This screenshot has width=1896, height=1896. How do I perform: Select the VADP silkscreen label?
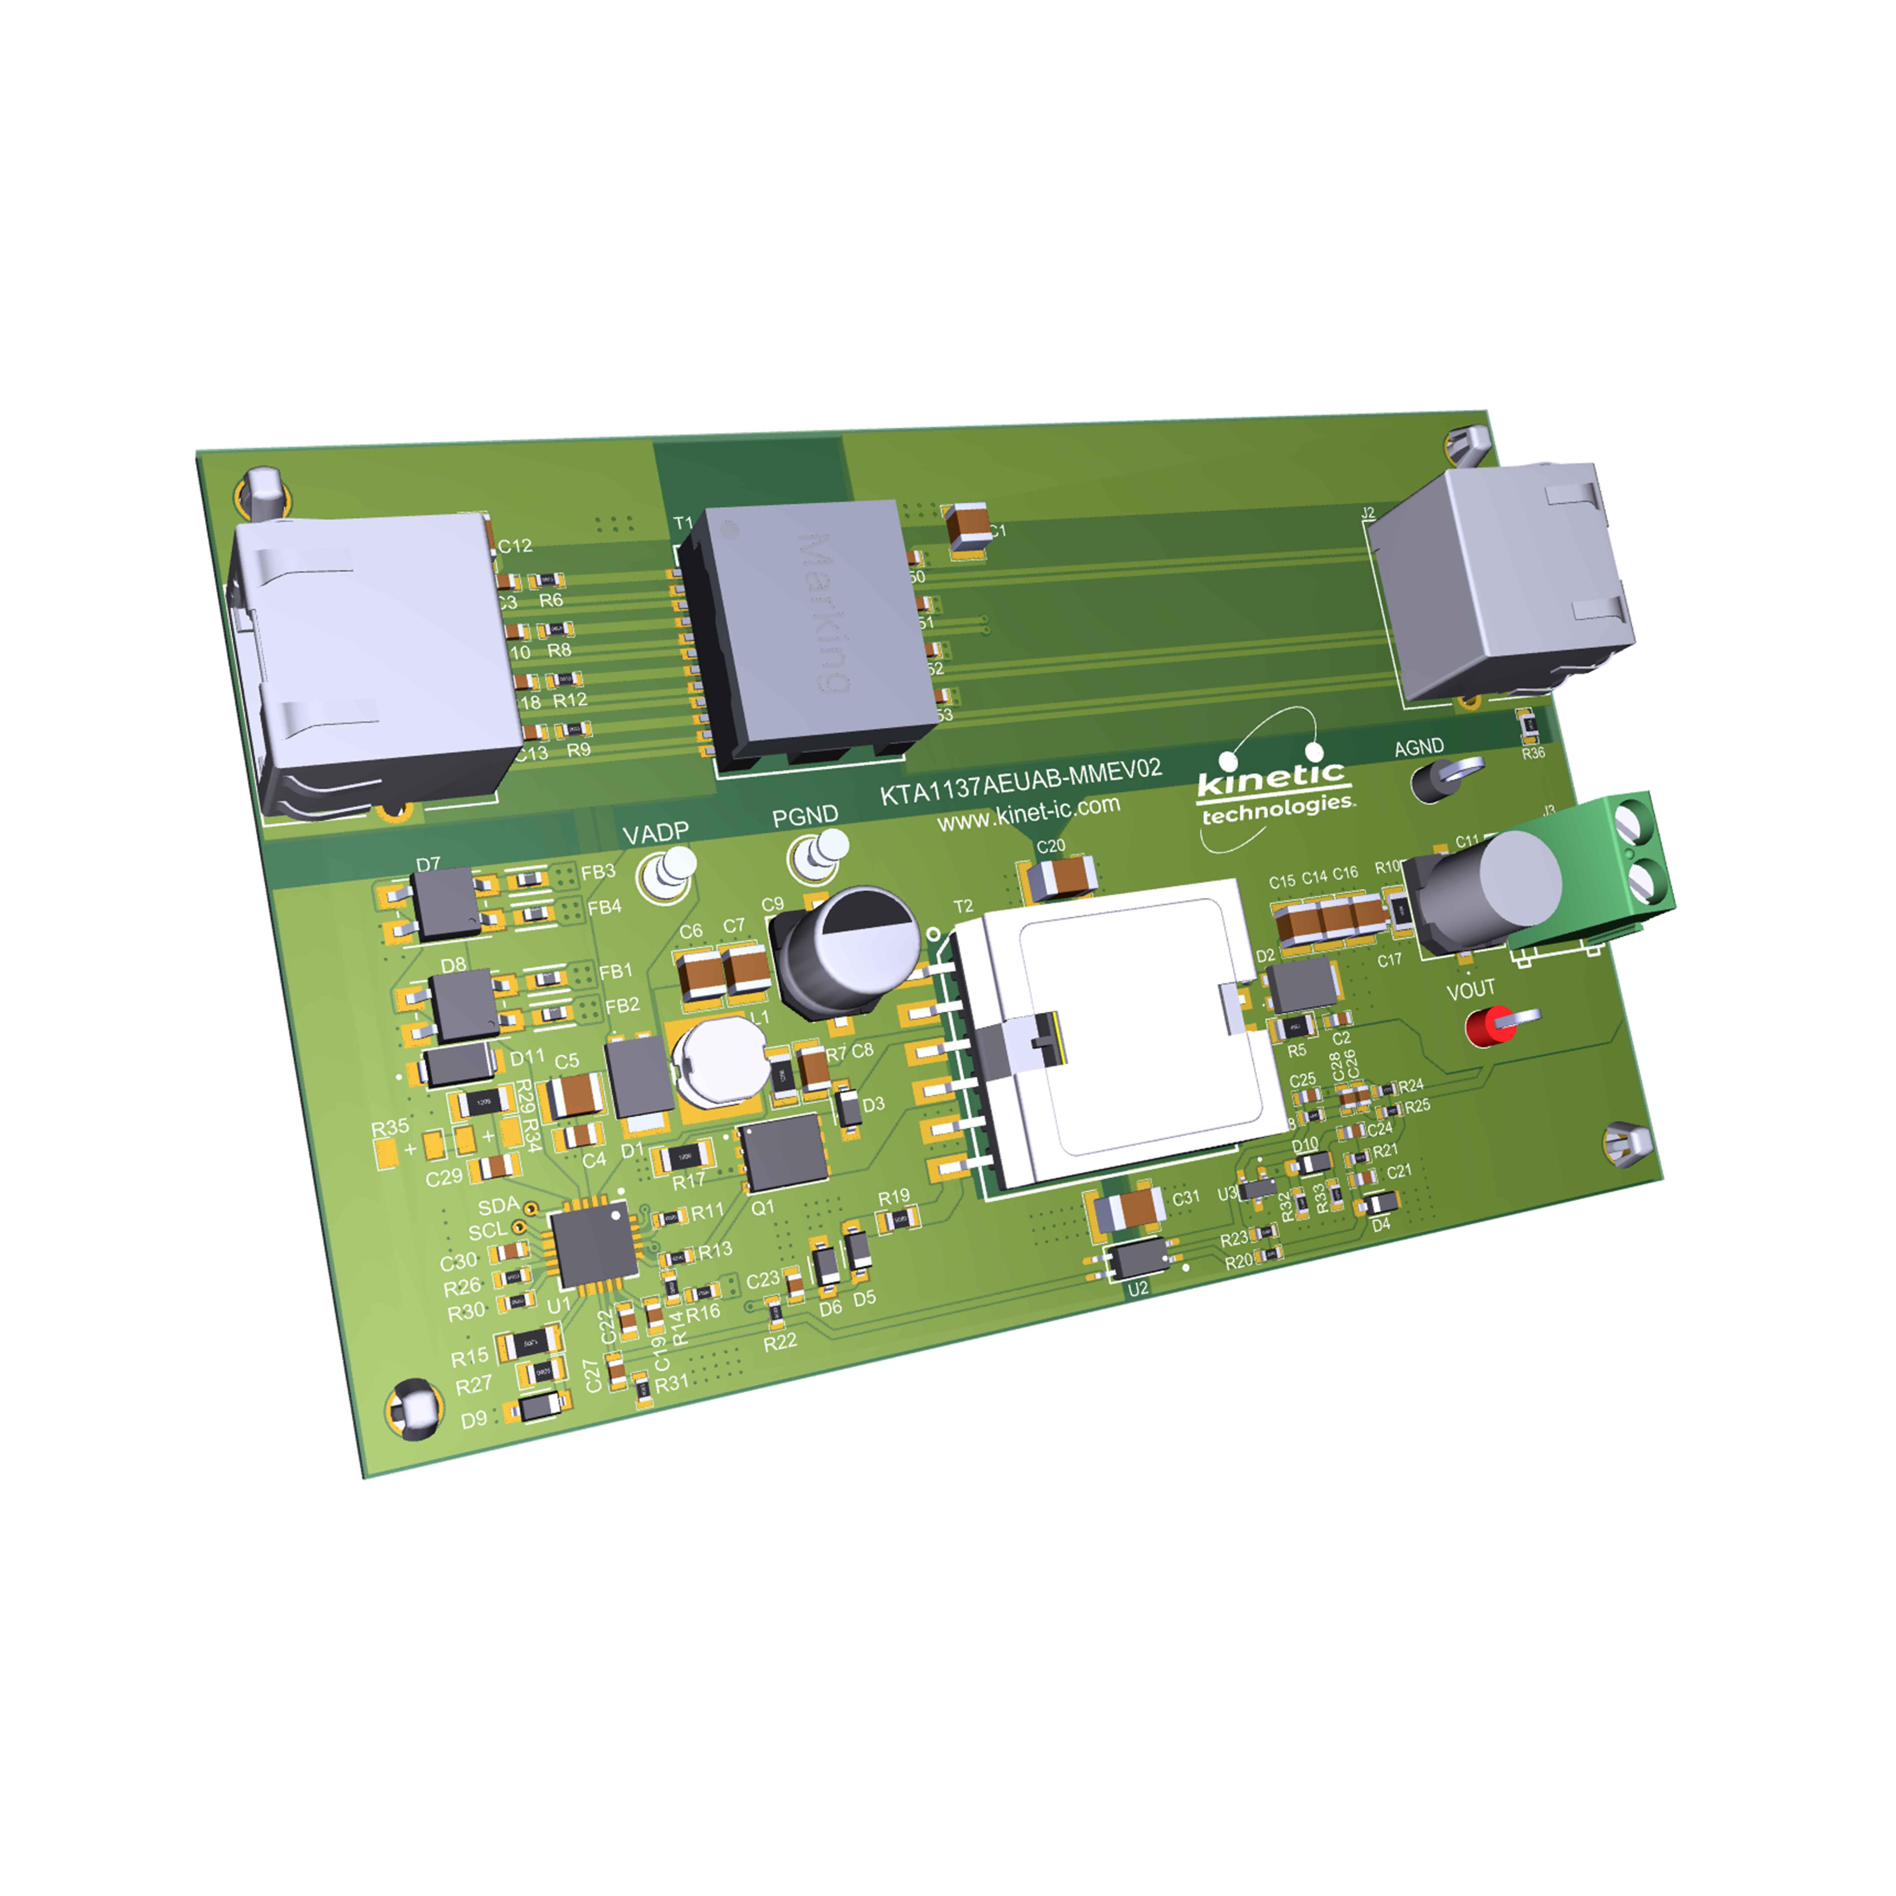click(656, 833)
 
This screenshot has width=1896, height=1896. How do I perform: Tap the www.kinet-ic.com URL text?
click(1028, 814)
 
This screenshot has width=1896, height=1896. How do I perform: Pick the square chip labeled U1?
click(593, 1244)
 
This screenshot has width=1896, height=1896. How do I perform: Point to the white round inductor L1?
click(721, 1060)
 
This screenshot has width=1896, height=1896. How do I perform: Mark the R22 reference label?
click(780, 1342)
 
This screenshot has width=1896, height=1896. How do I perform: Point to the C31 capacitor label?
click(1185, 1197)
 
